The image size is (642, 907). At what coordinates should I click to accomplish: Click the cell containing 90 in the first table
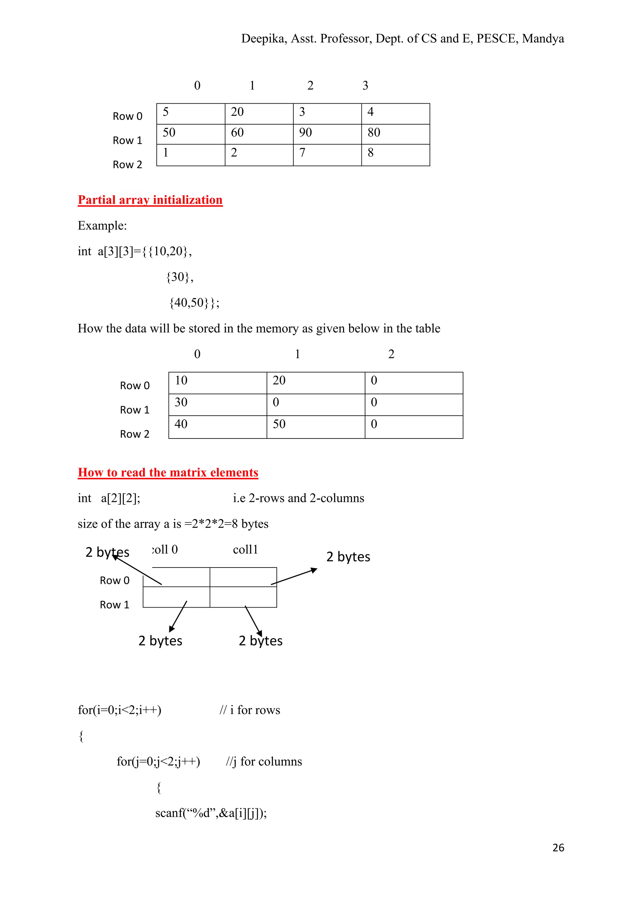[x=327, y=134]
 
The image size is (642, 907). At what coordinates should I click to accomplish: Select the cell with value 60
[x=259, y=134]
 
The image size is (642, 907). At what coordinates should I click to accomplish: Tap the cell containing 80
[x=395, y=134]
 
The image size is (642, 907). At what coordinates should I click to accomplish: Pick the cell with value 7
[x=327, y=154]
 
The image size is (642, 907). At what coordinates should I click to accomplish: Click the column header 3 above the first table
[x=365, y=85]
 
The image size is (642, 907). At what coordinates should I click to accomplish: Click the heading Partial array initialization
[x=150, y=200]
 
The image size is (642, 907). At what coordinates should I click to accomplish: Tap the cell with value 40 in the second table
[x=218, y=426]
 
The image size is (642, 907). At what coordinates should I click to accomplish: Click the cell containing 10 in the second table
[x=218, y=382]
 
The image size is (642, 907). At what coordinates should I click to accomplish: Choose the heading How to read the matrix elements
[x=168, y=473]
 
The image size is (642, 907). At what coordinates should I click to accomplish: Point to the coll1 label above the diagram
[x=245, y=550]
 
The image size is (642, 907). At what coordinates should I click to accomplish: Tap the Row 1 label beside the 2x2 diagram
[x=115, y=605]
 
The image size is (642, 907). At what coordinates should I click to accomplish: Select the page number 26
[x=558, y=848]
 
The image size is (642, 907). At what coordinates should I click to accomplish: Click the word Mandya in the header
[x=543, y=39]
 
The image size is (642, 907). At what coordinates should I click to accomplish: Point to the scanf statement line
[x=211, y=813]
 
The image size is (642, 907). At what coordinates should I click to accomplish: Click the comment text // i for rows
[x=250, y=710]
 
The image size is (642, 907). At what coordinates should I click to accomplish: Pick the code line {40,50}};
[x=194, y=303]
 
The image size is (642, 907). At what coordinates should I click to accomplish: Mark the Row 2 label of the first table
[x=127, y=165]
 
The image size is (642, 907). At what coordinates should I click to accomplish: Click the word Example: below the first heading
[x=103, y=225]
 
